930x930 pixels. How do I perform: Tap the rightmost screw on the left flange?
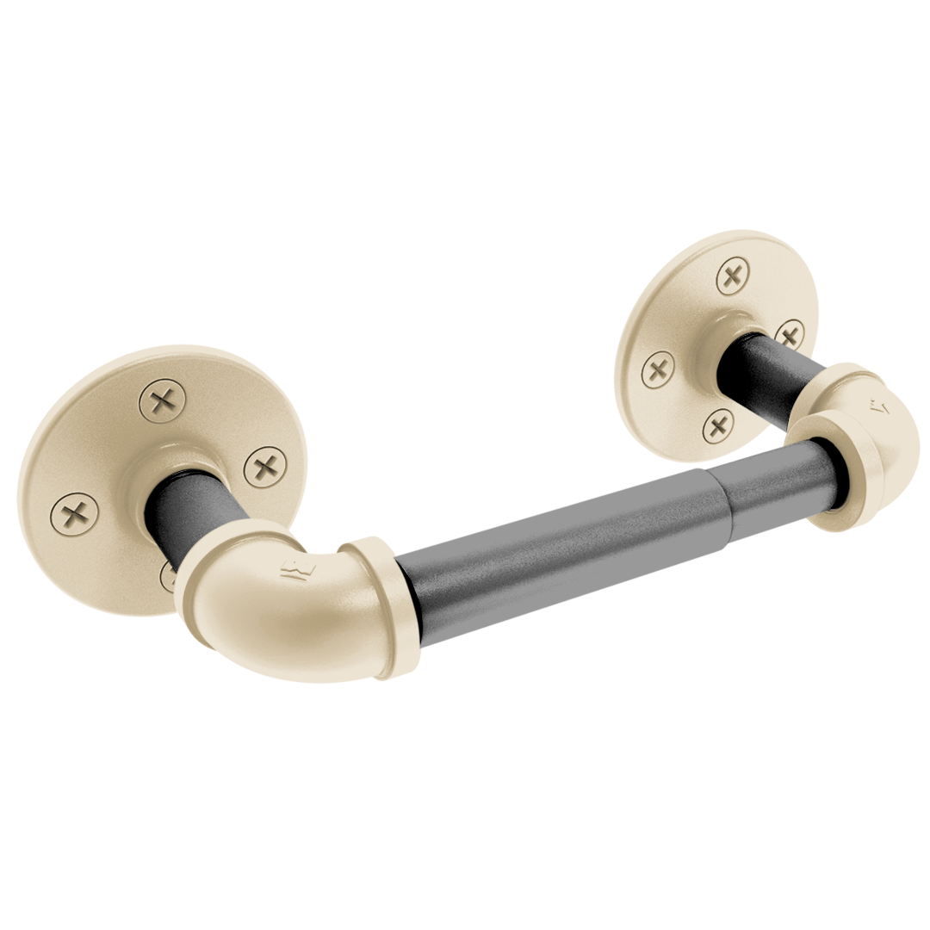click(264, 468)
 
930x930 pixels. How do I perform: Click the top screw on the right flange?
click(732, 277)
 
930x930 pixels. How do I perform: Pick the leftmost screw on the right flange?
click(659, 371)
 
